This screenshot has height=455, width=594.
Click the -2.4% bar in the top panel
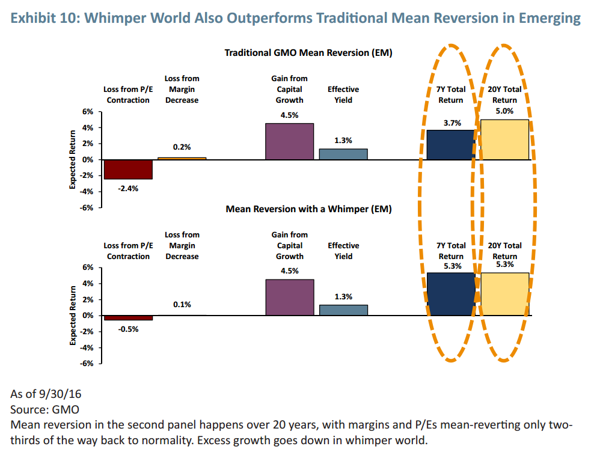point(128,169)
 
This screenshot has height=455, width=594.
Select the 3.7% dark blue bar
point(450,144)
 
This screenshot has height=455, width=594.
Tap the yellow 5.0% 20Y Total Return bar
point(505,139)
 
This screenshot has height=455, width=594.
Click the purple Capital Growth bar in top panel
point(290,141)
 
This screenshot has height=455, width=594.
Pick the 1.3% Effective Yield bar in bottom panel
point(343,310)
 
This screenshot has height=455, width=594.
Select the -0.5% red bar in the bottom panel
point(128,317)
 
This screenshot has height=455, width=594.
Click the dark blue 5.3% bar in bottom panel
point(450,294)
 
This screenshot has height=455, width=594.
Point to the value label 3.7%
point(452,123)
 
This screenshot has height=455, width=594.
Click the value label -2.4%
point(128,188)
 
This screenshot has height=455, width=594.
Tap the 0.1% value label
point(182,305)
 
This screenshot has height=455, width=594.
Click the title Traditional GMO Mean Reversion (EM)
point(308,53)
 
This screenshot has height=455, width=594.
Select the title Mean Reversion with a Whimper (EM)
point(308,209)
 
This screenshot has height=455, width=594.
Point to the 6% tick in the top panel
point(88,112)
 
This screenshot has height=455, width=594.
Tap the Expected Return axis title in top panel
point(72,159)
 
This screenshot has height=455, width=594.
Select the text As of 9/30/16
point(46,395)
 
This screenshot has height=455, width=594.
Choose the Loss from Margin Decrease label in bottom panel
point(182,245)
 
